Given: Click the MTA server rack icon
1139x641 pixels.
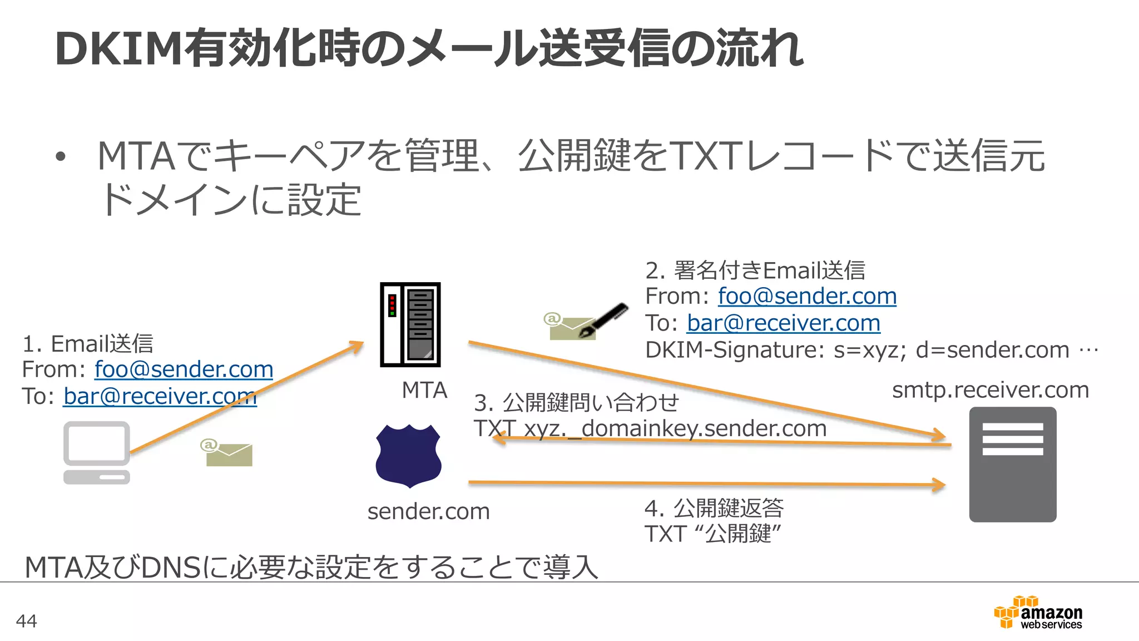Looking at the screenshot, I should point(410,324).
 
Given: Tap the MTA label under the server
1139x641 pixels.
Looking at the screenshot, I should point(424,390).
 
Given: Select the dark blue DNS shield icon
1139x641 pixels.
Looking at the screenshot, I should point(409,456).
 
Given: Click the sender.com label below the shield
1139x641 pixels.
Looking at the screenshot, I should point(428,511).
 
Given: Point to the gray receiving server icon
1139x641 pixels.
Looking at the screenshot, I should point(1012,465).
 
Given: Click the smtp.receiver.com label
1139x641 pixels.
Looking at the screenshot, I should point(990,390).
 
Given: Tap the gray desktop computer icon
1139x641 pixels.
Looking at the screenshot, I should point(97,452).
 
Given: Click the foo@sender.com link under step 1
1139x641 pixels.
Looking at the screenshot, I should point(184,369).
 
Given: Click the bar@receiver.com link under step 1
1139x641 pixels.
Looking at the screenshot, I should point(160,396).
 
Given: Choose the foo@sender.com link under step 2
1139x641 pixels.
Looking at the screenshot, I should point(807,296).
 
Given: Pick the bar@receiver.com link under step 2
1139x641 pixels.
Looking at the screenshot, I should point(783,323).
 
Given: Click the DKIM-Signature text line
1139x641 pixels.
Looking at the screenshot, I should point(870,350).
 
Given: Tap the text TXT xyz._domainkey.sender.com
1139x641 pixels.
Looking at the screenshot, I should point(650,428).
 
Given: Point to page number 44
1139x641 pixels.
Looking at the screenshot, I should point(26,620).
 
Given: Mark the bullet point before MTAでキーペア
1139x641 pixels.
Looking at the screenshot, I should point(61,157).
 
